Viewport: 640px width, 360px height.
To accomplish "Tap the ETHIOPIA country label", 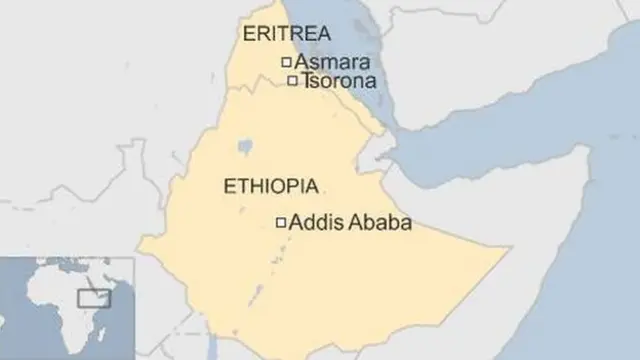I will click(272, 186).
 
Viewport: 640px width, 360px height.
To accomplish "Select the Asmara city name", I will click(326, 62).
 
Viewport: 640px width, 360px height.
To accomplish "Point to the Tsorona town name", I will click(331, 81).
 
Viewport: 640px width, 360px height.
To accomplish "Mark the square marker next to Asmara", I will click(285, 63).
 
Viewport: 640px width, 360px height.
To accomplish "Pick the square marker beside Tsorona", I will click(292, 81).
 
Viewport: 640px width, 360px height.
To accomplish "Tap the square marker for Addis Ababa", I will click(281, 223).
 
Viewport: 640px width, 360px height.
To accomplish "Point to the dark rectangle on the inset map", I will click(94, 297).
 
